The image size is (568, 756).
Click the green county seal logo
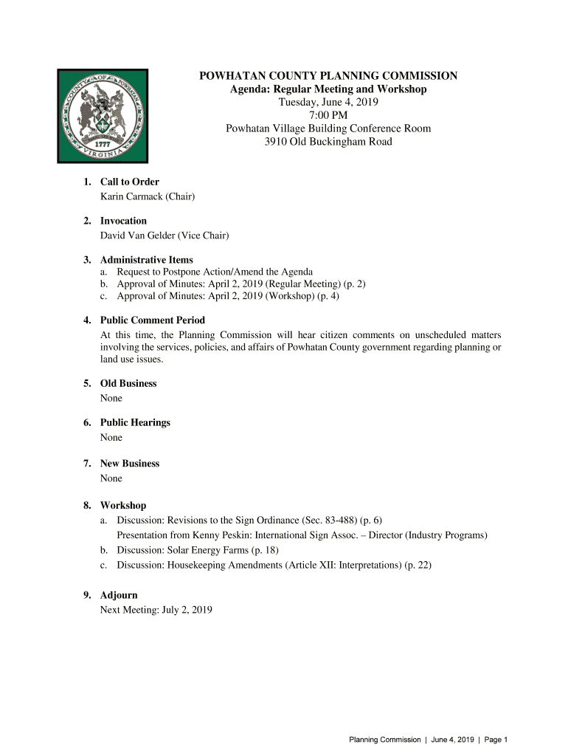tap(103, 115)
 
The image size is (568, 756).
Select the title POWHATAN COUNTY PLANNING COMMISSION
tap(328, 76)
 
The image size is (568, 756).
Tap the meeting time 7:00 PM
tap(328, 115)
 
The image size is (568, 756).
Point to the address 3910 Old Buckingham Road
tap(328, 142)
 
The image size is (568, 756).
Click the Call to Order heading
tap(129, 182)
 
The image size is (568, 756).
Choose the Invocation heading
tap(123, 221)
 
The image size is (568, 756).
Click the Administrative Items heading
tap(146, 260)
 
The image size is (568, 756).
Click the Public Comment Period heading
tap(152, 320)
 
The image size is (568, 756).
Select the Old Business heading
tap(128, 383)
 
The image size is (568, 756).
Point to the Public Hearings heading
tap(135, 422)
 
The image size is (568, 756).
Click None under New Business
tap(111, 478)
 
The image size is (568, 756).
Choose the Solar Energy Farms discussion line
tap(198, 550)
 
